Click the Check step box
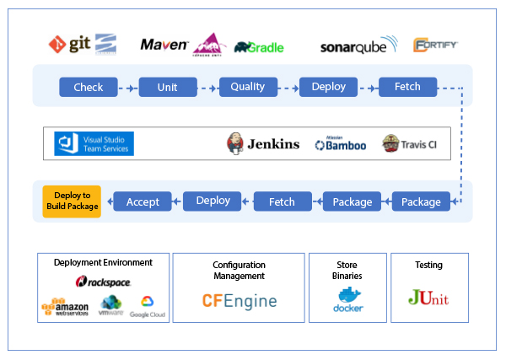click(x=88, y=87)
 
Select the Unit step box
click(x=168, y=87)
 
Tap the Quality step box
click(x=248, y=87)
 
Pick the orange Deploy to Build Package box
click(x=72, y=201)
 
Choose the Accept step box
click(x=143, y=201)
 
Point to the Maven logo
click(x=164, y=44)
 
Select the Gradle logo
click(x=259, y=47)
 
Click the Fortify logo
click(x=436, y=45)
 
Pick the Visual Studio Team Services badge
click(x=94, y=143)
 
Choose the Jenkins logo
click(x=263, y=143)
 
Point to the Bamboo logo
click(x=341, y=144)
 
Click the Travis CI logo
click(x=409, y=143)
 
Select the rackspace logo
click(x=103, y=282)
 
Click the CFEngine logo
click(x=239, y=301)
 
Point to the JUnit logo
click(x=428, y=298)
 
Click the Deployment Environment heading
click(x=103, y=262)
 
